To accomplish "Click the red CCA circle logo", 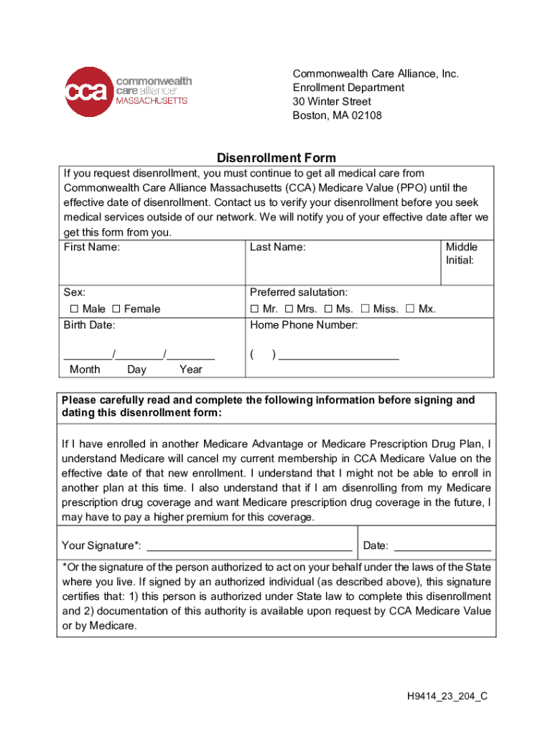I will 89,92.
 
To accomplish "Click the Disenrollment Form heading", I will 276,158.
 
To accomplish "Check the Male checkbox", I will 74,309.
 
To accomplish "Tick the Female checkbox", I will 116,309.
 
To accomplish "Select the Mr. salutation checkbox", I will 254,309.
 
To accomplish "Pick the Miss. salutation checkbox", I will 365,309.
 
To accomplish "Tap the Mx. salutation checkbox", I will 410,309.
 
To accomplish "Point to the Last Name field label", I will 277,247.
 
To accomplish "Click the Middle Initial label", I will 461,253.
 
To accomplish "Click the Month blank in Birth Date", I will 88,354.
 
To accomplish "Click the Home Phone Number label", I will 304,325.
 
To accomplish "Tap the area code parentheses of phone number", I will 263,355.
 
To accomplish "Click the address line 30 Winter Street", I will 332,101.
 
